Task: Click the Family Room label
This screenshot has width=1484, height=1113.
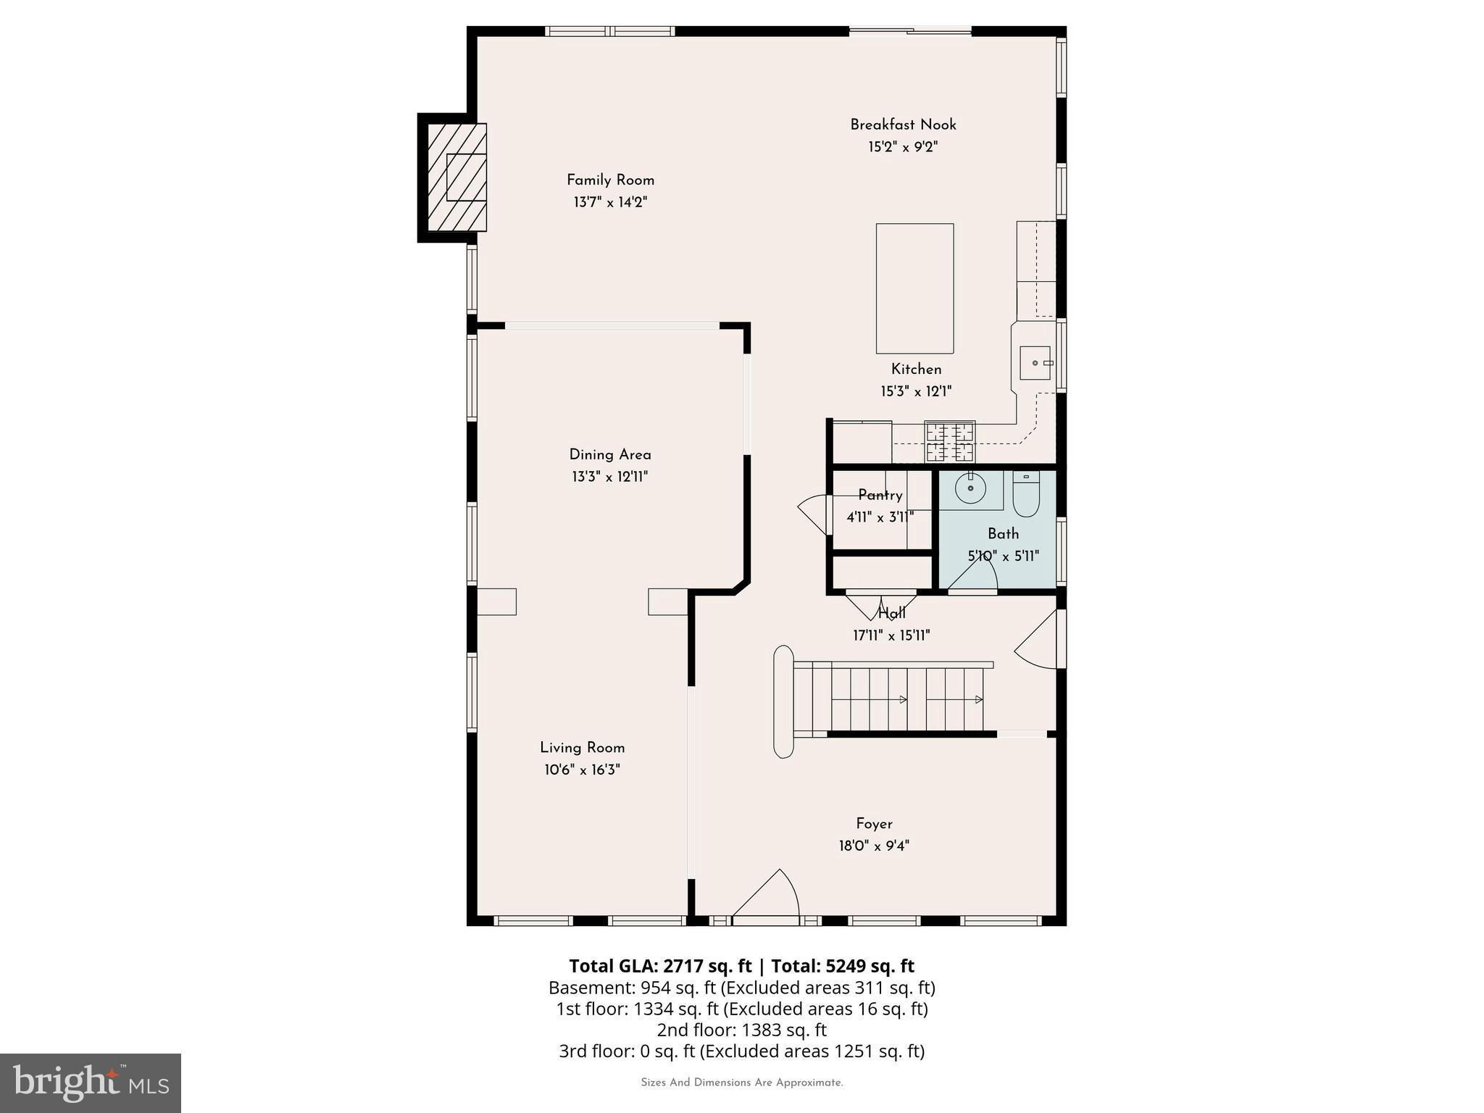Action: (x=610, y=180)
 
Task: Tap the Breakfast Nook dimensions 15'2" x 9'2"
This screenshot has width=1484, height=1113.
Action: (x=903, y=147)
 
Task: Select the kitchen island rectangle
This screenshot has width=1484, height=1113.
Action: (x=914, y=288)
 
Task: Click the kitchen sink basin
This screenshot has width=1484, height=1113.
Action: (x=1035, y=362)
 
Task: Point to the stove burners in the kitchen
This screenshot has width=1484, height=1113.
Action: (x=950, y=442)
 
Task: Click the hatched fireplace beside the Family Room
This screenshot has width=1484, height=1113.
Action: (x=457, y=177)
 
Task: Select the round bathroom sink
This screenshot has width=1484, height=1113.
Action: (x=970, y=488)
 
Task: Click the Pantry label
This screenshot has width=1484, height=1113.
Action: (x=880, y=495)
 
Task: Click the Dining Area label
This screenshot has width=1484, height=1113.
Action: (x=610, y=454)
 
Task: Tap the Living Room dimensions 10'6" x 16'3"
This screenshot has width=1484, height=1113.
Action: (x=582, y=770)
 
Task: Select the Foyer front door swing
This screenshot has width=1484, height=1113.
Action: (x=768, y=897)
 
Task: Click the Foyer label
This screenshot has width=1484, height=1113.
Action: (x=874, y=823)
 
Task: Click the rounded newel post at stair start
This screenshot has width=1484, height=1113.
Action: (x=783, y=701)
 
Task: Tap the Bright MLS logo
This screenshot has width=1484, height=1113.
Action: (x=91, y=1083)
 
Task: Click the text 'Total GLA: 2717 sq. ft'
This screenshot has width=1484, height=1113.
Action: (x=660, y=966)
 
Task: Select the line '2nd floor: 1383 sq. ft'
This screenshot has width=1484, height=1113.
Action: (x=741, y=1030)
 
